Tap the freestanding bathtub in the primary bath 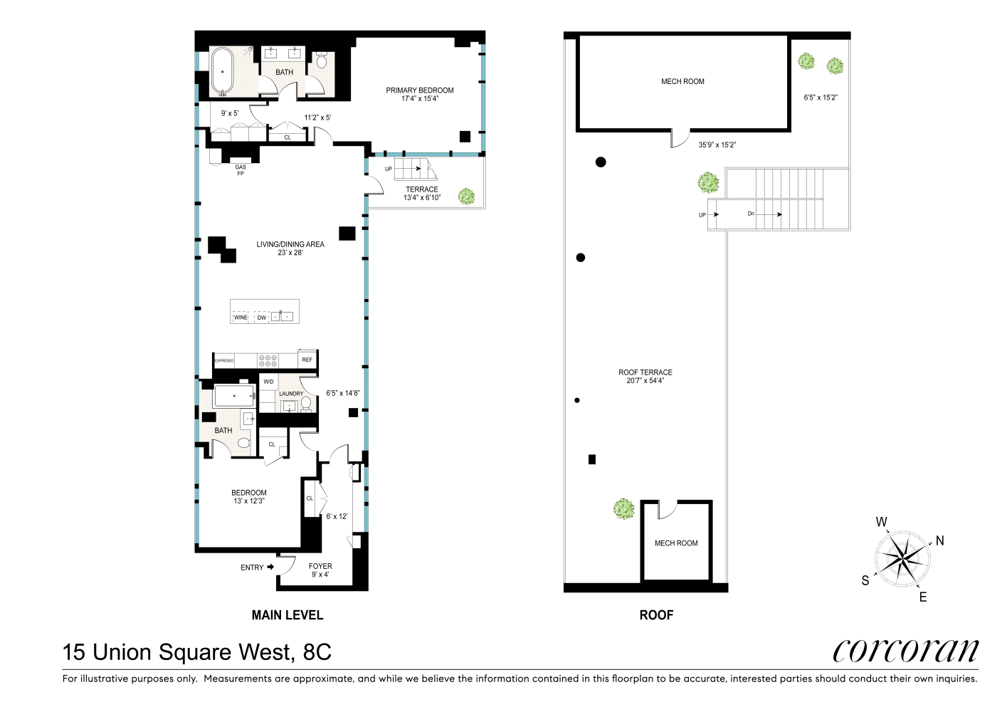tap(222, 72)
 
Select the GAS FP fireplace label tap(241, 170)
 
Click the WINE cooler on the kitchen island tap(241, 317)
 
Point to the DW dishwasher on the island tap(262, 317)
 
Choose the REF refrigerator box tap(307, 360)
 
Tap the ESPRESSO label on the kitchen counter tap(224, 361)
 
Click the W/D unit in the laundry tap(268, 382)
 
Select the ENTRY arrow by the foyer tap(270, 567)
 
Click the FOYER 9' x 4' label tap(320, 570)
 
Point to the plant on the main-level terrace tap(466, 197)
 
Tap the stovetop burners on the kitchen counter tap(268, 361)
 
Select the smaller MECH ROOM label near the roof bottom tap(676, 543)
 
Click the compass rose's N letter tap(939, 540)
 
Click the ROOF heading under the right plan tap(656, 615)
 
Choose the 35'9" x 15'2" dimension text tap(717, 145)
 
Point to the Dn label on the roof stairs tap(751, 214)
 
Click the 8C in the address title tap(317, 651)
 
